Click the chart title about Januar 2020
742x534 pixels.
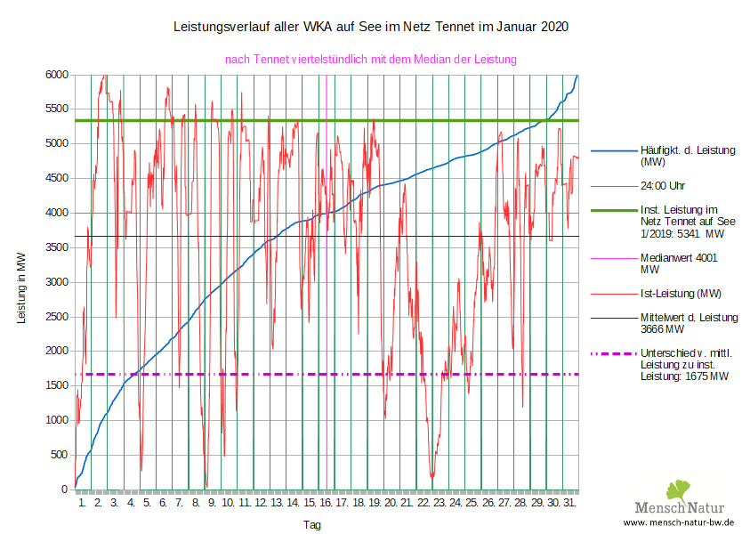370,28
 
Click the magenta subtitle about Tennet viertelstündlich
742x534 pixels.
370,59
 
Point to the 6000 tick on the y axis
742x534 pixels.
57,75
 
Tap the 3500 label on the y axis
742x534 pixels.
57,247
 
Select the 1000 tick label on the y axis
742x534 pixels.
57,420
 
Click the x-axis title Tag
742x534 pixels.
312,525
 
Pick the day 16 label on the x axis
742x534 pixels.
327,504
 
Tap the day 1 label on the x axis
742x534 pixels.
83,504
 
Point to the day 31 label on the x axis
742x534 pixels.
570,504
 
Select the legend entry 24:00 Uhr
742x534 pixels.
663,186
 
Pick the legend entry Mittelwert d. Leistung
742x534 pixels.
689,322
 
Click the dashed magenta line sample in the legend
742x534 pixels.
612,353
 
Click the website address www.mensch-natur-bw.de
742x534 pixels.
678,522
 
